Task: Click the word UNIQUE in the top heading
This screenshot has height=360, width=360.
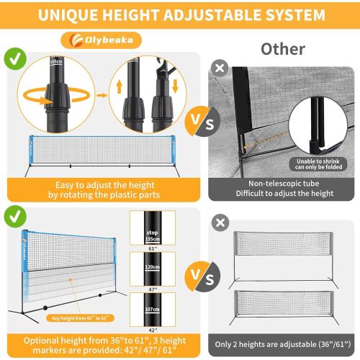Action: [71, 14]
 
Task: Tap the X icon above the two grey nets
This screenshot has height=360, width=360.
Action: [219, 222]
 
